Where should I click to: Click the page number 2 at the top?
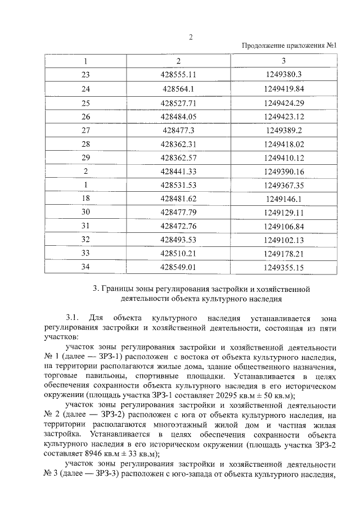tap(191, 37)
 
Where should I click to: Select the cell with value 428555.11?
tap(178, 74)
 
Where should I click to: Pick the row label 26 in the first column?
tap(85, 116)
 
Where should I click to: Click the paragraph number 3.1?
tap(74, 318)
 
